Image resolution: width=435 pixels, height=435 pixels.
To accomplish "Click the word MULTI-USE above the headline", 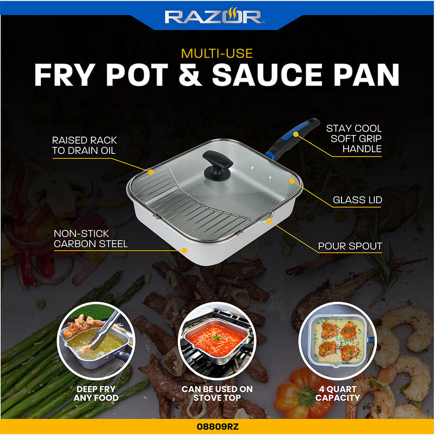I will coord(217,54).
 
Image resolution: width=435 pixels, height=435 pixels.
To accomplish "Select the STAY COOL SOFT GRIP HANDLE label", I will coord(353,139).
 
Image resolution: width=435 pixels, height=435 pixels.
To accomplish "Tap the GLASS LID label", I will coord(357,200).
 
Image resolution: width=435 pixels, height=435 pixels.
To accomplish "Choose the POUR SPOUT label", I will coord(350,246).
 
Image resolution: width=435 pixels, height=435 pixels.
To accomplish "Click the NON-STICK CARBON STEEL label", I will coord(90,239).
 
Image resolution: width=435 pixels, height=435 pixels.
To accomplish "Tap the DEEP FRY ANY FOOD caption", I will coord(96,394).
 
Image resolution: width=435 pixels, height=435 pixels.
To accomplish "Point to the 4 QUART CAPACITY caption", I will coord(338,394).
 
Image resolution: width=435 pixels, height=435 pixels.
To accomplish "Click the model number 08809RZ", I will coord(217,427).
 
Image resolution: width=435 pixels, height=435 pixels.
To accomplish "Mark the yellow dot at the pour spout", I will coord(270,220).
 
